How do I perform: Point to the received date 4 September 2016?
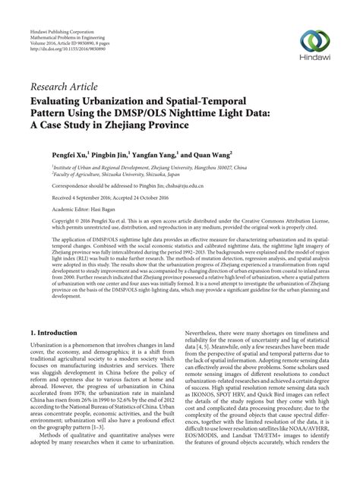coord(95,198)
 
